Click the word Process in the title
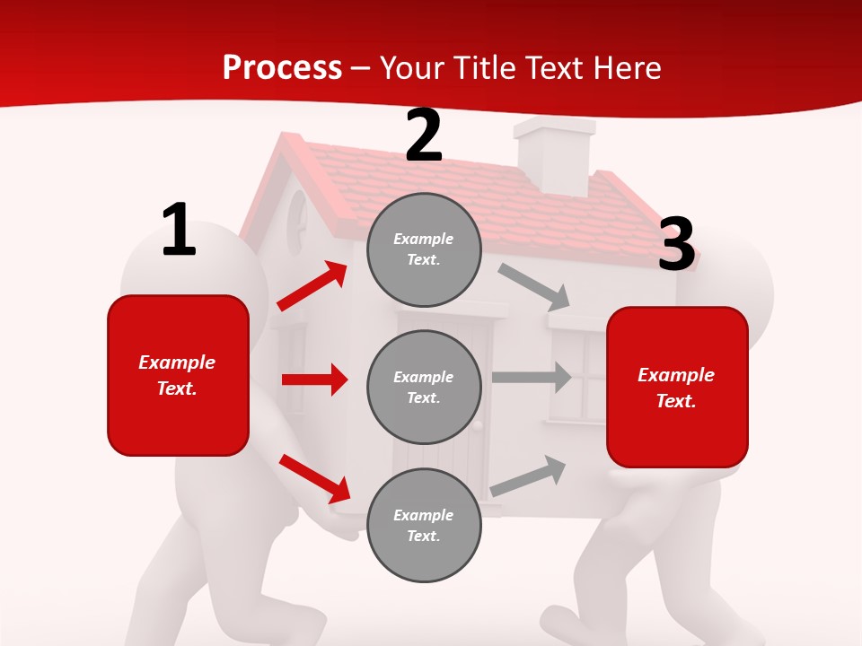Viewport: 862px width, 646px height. coord(282,67)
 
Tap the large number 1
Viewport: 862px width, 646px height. coord(179,231)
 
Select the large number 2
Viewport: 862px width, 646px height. coord(424,135)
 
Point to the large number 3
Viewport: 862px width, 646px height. coord(676,244)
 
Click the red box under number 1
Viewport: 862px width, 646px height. coord(178,375)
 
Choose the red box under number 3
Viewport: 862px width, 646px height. coord(677,387)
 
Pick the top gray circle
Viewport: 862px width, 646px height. coord(424,249)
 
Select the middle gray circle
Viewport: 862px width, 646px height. coord(424,387)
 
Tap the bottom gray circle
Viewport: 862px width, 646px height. coord(424,525)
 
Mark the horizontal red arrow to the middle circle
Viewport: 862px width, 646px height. coord(314,380)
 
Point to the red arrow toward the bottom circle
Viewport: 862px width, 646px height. coord(314,478)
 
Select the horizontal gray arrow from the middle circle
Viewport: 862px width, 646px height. coord(532,378)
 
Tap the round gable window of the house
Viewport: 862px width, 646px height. coord(297,222)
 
